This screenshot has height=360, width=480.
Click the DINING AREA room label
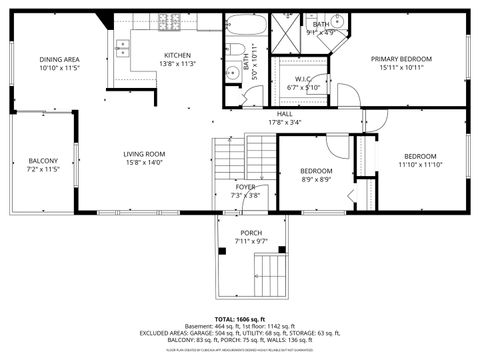[59, 60]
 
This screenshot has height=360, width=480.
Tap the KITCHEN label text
[177, 54]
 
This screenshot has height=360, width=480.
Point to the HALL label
[285, 114]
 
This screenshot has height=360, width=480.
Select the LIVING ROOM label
[144, 154]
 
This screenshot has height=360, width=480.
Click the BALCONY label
[43, 161]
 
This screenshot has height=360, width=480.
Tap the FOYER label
[246, 187]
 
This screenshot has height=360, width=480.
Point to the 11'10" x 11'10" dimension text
[419, 165]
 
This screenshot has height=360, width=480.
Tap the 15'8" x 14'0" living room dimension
[144, 163]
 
